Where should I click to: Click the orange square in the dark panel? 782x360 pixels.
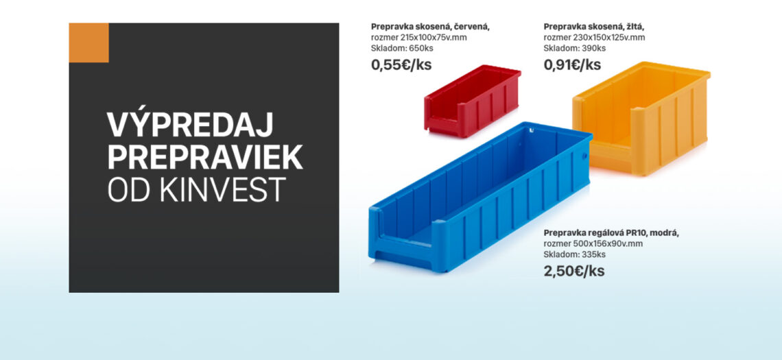point(88,43)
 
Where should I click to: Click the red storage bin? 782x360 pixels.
point(473,101)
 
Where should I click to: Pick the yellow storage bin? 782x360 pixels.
point(641,118)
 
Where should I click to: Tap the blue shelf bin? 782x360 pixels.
point(480,197)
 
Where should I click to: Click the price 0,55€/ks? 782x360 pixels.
point(401,65)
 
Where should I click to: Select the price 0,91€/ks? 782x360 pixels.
point(573,65)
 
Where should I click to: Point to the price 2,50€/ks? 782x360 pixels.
point(574,272)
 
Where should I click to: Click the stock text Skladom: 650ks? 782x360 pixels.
point(402,49)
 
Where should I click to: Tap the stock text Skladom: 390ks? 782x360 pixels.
point(575,49)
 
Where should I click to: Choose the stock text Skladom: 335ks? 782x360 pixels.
point(575,255)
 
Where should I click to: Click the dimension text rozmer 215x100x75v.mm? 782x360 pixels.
point(419,38)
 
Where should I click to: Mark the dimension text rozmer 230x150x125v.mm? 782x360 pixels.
point(594,38)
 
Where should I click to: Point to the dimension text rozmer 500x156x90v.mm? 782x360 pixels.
point(593,244)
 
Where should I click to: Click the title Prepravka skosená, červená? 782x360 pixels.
point(430,27)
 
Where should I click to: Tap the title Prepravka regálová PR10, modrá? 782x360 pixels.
point(611,233)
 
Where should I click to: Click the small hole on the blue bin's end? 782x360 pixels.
point(585,156)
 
